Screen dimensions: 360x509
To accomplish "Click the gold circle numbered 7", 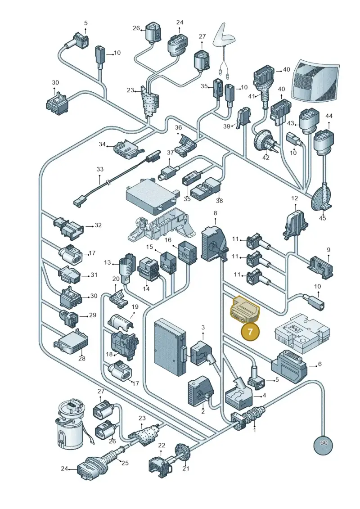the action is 250,332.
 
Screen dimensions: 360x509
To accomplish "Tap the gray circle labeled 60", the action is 323,443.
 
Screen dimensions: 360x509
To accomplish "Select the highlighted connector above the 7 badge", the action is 245,310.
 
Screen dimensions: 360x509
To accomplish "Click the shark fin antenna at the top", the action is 224,36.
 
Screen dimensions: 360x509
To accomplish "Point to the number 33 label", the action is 99,169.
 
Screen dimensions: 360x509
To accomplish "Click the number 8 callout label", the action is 215,213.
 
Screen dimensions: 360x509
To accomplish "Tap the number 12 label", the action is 294,198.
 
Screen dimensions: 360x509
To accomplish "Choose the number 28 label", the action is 82,358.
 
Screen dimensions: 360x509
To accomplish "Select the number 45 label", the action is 322,218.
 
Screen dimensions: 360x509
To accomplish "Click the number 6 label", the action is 320,364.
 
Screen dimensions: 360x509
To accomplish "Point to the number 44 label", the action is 329,116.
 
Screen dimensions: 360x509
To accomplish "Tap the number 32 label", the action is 98,225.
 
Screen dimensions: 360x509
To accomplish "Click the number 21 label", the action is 186,468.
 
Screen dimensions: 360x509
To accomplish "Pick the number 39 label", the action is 227,126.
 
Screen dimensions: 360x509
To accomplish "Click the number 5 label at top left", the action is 85,23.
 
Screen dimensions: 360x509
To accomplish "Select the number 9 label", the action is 328,250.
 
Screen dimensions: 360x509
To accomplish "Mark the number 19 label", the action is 135,307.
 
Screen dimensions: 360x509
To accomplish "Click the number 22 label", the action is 162,446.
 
